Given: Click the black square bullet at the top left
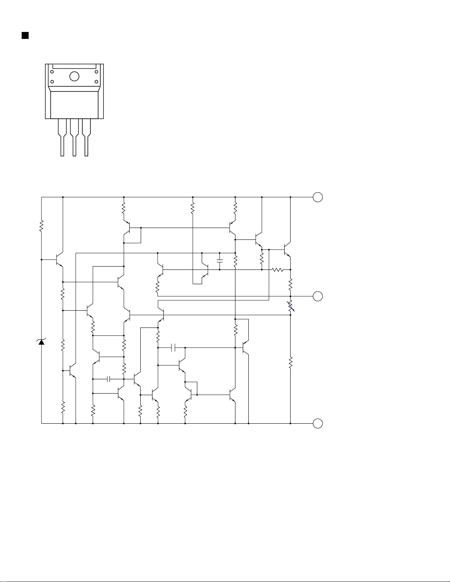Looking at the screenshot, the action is pos(25,35).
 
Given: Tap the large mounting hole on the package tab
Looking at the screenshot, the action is pos(74,76).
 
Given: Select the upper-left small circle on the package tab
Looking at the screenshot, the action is pos(52,71).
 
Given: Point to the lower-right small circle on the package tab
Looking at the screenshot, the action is pos(96,82).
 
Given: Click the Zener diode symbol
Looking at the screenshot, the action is pos(42,342).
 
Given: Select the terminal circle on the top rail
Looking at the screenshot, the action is pos(318,197).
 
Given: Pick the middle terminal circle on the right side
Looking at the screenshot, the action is pos(318,296).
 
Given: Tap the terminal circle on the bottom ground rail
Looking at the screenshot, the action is pos(318,423).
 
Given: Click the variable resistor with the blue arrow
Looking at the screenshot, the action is pos(291,306).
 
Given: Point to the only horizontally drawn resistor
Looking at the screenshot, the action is pos(278,270).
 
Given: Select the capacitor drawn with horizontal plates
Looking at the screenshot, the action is pos(220,261).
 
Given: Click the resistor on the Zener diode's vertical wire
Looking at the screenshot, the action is pos(42,225).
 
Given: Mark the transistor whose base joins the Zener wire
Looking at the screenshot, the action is pos(59,260).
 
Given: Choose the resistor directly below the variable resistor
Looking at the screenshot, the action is pos(291,362).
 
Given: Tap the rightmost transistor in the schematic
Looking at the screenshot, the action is pos(287,250).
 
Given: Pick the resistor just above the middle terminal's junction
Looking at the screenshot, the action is pos(291,283).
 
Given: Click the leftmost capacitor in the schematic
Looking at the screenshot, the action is pos(109,379).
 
